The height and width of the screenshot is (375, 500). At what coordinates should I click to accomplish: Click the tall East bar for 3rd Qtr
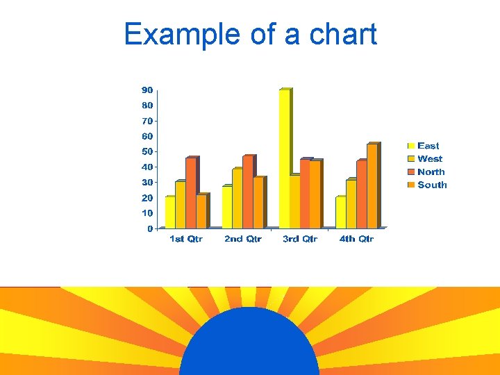pos(284,159)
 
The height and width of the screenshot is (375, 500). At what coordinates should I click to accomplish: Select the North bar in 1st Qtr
pos(191,194)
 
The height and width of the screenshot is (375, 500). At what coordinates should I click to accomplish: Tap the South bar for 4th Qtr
pos(372,186)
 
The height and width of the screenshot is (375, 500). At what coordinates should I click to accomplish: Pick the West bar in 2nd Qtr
pos(237,199)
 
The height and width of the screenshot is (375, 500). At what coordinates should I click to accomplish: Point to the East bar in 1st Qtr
pos(170,212)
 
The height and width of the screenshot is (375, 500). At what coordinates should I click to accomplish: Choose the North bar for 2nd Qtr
pos(248,192)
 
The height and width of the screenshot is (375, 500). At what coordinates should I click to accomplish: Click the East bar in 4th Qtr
pos(340,212)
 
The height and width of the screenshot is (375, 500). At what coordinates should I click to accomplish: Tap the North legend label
pos(431,172)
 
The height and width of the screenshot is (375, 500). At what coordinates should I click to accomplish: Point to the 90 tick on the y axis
pos(147,90)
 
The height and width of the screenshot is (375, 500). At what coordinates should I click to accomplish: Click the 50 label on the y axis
pos(147,151)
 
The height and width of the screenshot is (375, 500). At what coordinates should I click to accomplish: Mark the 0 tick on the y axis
pos(150,228)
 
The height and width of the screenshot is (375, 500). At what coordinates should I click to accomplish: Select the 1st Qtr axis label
pos(186,239)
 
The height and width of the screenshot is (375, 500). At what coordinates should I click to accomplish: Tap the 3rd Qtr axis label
pos(300,239)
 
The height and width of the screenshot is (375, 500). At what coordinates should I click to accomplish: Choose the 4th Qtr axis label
pos(356,239)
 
